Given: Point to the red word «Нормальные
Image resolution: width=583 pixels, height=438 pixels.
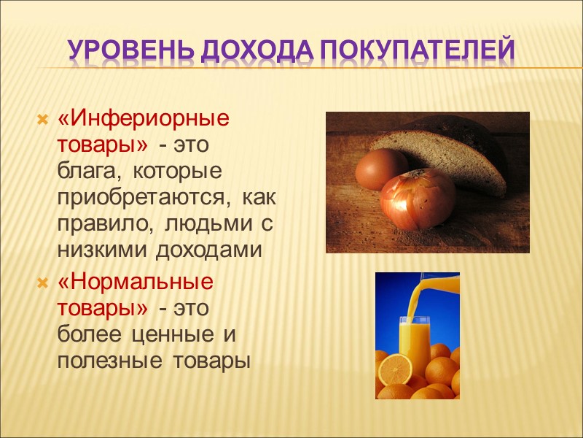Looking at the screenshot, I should coord(136,283).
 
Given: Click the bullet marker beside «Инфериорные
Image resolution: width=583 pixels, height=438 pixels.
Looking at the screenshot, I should coord(42,118).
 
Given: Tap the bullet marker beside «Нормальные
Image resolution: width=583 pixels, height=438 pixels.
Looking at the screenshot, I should coord(42,283).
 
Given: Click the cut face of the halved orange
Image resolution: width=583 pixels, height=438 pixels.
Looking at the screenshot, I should coord(394,369).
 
